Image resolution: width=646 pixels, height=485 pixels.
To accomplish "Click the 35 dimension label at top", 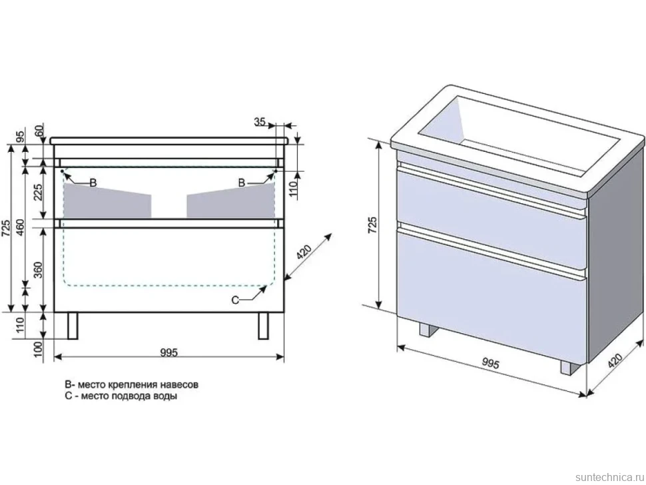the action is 260,121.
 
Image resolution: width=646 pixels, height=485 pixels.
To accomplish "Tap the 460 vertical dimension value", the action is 21,231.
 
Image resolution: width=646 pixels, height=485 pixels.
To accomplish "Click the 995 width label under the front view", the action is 169,352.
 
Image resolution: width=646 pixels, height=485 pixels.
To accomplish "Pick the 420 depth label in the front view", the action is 304,252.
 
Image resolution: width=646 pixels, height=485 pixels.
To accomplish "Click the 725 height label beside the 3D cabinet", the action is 372,225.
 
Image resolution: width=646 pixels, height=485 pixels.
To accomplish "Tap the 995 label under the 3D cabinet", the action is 490,364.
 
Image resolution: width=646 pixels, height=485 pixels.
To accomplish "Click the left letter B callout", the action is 93,183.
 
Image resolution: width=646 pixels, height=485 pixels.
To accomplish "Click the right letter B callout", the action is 242,183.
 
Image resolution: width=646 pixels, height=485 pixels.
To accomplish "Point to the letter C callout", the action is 235,300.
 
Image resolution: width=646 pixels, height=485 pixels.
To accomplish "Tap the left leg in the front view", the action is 73,326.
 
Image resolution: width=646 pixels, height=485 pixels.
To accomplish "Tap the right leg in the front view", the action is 263,326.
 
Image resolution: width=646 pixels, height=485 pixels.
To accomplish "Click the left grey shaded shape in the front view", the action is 107,201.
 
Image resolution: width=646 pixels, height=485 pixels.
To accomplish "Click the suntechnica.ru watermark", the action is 609,477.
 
